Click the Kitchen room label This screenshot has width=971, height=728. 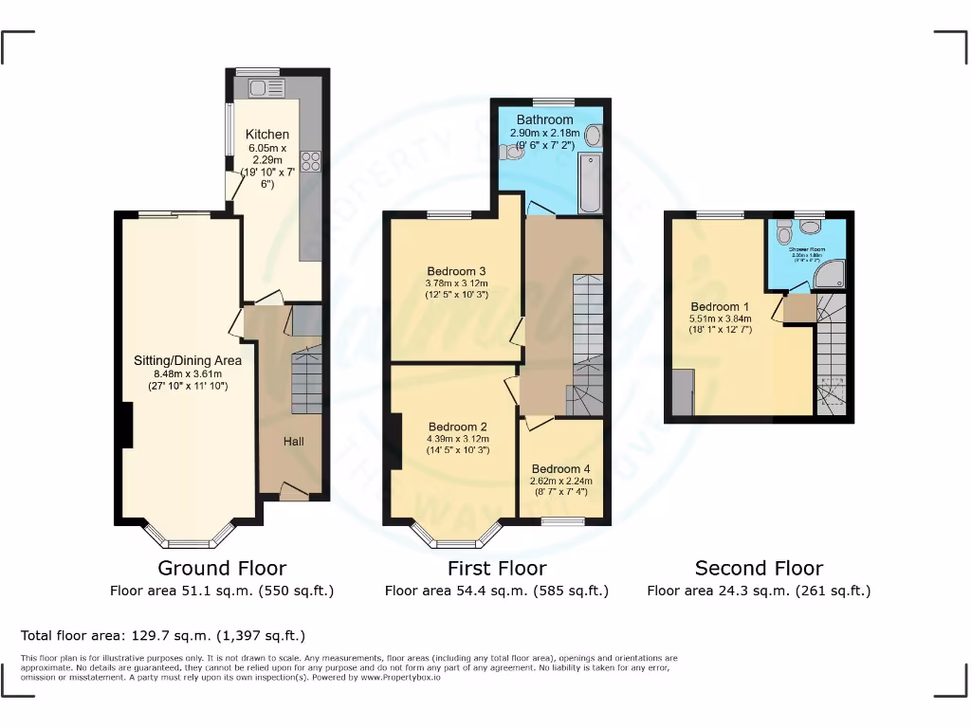pyautogui.click(x=267, y=135)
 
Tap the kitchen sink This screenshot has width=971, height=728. pyautogui.click(x=266, y=89)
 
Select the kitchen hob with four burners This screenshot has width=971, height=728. pyautogui.click(x=311, y=162)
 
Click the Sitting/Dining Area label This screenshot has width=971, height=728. pyautogui.click(x=188, y=360)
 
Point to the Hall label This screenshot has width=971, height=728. pyautogui.click(x=293, y=441)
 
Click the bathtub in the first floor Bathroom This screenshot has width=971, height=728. pyautogui.click(x=590, y=184)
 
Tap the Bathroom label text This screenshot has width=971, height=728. pyautogui.click(x=544, y=120)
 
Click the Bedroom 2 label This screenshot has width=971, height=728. pyautogui.click(x=457, y=427)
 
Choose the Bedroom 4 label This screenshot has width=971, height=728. pyautogui.click(x=560, y=469)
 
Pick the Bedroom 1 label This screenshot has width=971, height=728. pyautogui.click(x=720, y=307)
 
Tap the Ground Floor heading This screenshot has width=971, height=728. pyautogui.click(x=222, y=569)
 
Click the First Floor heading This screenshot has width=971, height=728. pyautogui.click(x=497, y=569)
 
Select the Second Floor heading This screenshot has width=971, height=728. pyautogui.click(x=759, y=569)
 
